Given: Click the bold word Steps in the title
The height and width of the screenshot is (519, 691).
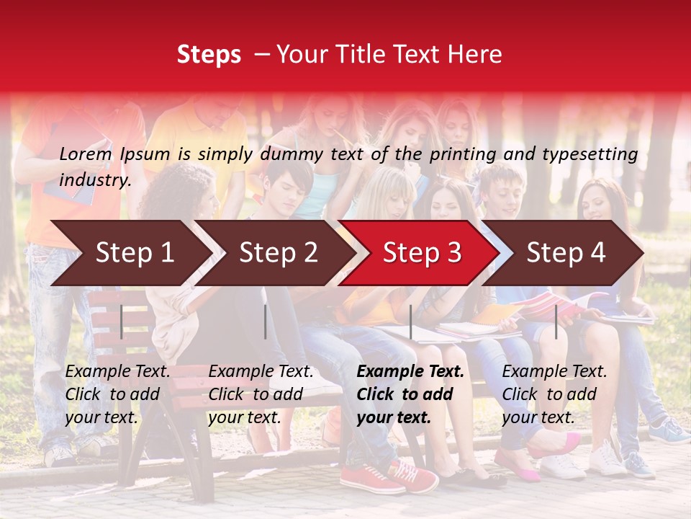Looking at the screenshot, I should click(x=209, y=55).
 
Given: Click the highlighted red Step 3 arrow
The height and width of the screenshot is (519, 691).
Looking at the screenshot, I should click(x=422, y=253).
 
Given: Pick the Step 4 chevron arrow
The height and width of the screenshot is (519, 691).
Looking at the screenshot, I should click(x=566, y=253).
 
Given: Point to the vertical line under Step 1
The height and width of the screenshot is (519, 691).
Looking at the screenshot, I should click(x=122, y=321).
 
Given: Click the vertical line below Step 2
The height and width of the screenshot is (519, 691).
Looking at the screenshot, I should click(x=266, y=321).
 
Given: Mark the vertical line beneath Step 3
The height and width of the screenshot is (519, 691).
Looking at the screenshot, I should click(x=411, y=321).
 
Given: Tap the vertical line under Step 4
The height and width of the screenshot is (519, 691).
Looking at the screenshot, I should click(x=556, y=321).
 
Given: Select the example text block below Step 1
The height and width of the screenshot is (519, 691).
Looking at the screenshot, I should click(x=117, y=394).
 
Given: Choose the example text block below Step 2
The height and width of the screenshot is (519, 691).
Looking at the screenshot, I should click(x=261, y=394).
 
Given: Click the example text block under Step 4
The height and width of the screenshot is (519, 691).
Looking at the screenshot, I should click(x=554, y=394).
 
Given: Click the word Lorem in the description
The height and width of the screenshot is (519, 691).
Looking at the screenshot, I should click(x=86, y=154).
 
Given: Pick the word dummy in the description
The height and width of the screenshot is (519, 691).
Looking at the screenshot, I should click(x=292, y=154).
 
